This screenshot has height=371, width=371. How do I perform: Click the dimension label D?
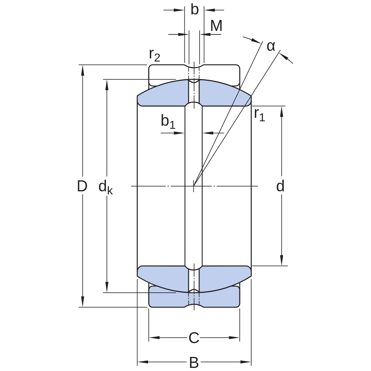82,186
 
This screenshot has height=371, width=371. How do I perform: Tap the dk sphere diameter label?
105,187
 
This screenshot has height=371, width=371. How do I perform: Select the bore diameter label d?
280,186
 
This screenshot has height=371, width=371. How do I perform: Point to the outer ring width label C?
194,338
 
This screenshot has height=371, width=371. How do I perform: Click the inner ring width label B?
194,362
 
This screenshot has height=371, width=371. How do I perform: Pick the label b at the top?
194,10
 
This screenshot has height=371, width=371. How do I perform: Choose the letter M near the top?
216,25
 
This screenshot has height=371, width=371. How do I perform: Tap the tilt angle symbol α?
271,46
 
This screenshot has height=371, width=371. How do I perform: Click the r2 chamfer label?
155,55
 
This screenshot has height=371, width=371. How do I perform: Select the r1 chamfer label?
259,115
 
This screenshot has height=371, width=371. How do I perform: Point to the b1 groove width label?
168,121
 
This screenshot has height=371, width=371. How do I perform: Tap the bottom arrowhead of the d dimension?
282,260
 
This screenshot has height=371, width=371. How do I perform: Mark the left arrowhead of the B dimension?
143,362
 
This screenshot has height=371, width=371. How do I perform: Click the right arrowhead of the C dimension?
234,338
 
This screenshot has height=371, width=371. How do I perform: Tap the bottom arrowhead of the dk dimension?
107,287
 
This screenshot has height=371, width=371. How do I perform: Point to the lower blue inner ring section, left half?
163,277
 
